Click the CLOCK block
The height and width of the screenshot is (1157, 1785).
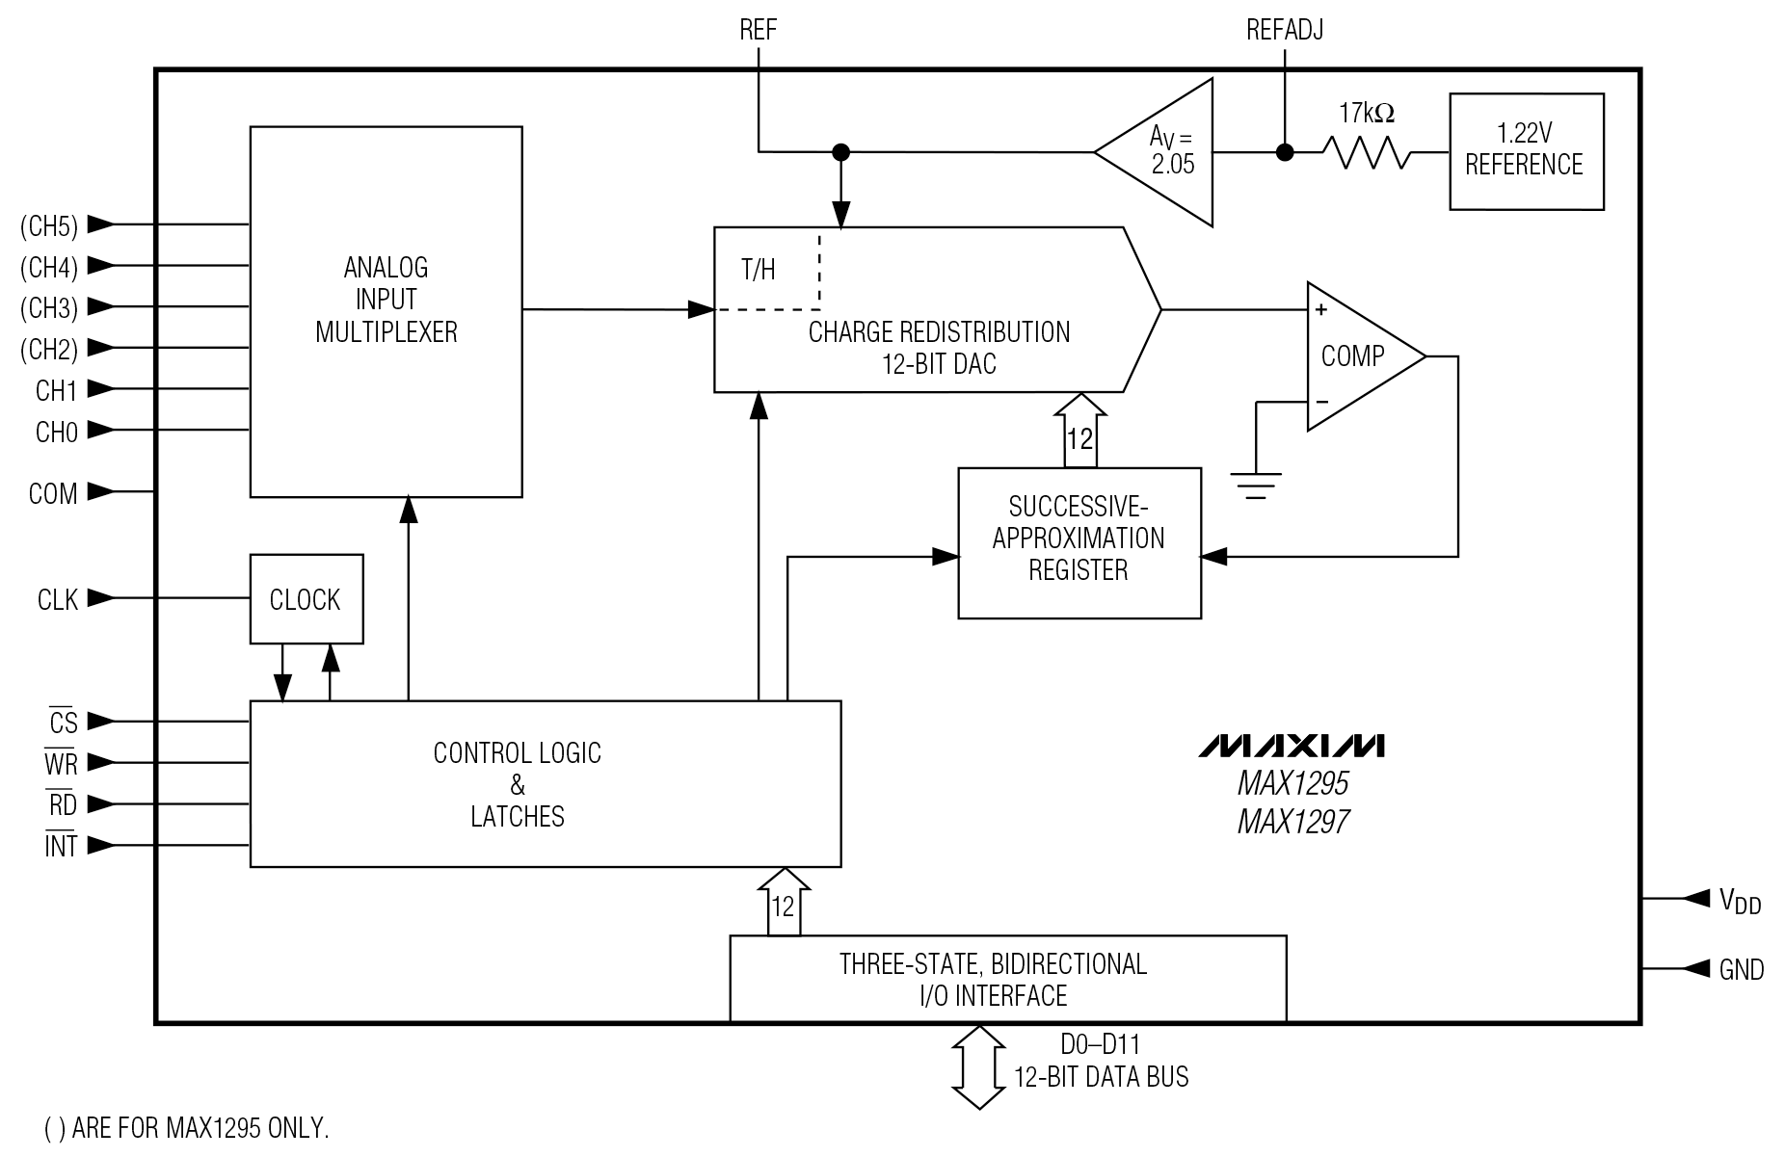pyautogui.click(x=306, y=598)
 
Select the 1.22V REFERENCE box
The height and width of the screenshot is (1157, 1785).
pyautogui.click(x=1526, y=151)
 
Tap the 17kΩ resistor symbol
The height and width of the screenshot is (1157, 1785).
pyautogui.click(x=1366, y=152)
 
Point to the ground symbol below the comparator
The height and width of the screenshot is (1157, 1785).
pyautogui.click(x=1256, y=484)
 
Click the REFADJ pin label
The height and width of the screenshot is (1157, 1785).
pyautogui.click(x=1284, y=30)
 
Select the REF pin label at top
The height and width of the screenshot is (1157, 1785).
pyautogui.click(x=758, y=30)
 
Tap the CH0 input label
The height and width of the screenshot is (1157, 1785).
pyautogui.click(x=56, y=433)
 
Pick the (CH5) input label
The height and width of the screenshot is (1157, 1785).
pyautogui.click(x=48, y=226)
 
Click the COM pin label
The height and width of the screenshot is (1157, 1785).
pyautogui.click(x=53, y=494)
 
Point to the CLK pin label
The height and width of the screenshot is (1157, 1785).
pyautogui.click(x=57, y=600)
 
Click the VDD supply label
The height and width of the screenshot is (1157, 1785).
pyautogui.click(x=1740, y=901)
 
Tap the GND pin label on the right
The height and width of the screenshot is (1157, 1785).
pyautogui.click(x=1741, y=969)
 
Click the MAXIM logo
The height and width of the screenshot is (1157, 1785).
pyautogui.click(x=1292, y=746)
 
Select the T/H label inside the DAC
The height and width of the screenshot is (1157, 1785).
pyautogui.click(x=759, y=270)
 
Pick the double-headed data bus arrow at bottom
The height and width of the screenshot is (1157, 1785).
pyautogui.click(x=978, y=1066)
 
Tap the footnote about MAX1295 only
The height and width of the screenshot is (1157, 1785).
pyautogui.click(x=187, y=1128)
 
